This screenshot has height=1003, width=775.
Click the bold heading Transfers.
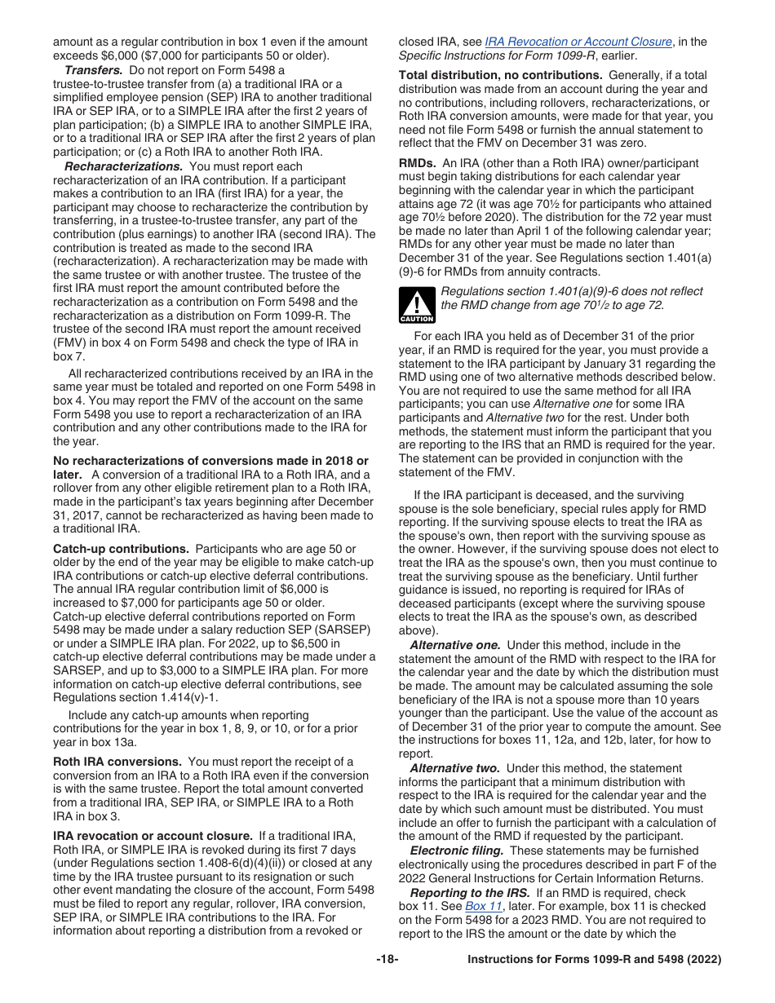[x=92, y=70]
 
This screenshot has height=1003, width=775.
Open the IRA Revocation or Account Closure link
[x=578, y=42]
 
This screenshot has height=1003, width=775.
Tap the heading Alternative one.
[x=454, y=645]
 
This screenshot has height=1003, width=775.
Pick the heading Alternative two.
[x=454, y=768]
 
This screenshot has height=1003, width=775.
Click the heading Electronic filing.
[x=456, y=851]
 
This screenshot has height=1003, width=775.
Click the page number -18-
[x=387, y=960]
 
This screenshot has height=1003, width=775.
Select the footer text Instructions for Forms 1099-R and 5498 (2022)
[x=594, y=960]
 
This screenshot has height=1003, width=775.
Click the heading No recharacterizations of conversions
[x=210, y=462]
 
